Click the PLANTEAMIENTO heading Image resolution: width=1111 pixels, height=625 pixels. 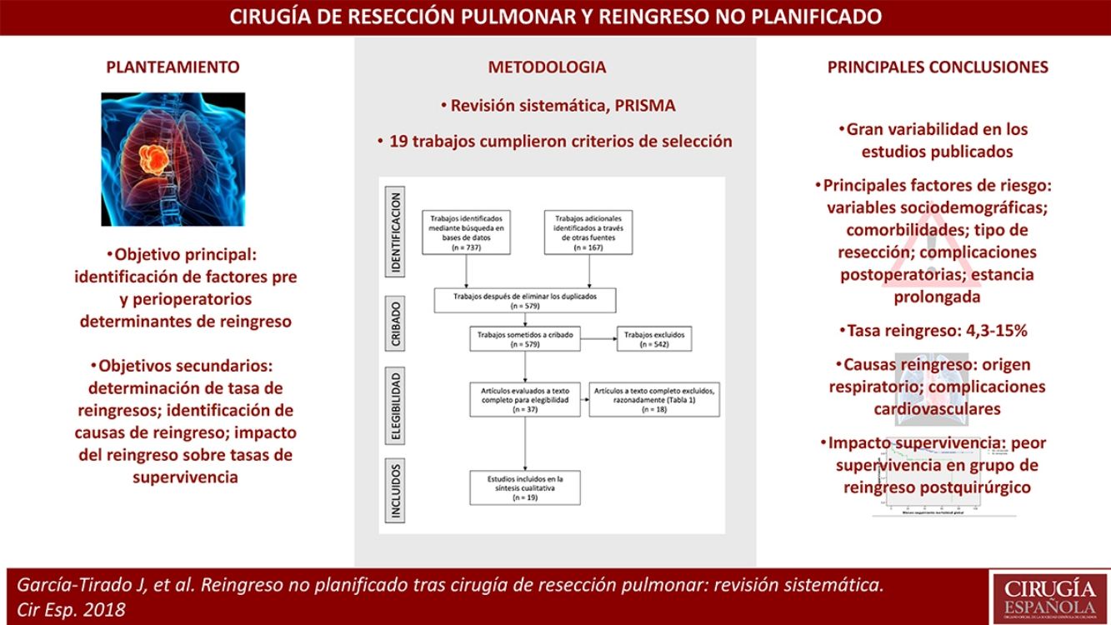pos(173,67)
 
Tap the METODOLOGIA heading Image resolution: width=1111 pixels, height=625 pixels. pos(547,67)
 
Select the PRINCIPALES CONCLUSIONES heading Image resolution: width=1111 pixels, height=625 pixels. pos(938,67)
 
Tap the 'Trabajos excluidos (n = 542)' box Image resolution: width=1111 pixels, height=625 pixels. pos(654,339)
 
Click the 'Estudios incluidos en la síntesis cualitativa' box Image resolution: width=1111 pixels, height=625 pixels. pos(524,487)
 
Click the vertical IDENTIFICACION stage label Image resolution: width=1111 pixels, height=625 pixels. pos(397,233)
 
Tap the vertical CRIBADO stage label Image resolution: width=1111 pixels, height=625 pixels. pos(397,324)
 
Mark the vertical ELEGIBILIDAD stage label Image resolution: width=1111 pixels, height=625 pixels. pos(397,406)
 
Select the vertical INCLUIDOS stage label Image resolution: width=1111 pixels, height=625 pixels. pos(397,490)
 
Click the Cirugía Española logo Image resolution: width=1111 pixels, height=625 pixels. pos(1048,596)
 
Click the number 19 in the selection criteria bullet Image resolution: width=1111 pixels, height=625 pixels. pos(398,141)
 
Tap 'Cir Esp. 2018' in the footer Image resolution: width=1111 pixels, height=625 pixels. pos(72,609)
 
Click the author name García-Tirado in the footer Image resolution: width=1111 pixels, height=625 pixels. pos(67,585)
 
